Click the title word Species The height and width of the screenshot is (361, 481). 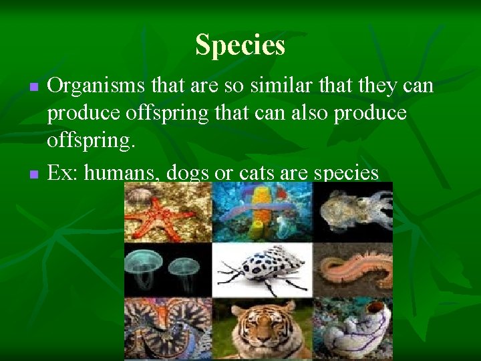tap(240, 45)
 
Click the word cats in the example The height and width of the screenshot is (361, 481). tap(249, 173)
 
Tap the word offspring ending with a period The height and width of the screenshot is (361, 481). tap(90, 142)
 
